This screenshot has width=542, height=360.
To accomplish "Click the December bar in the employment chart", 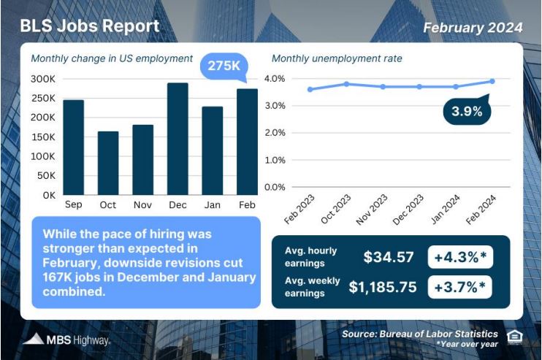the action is click(178, 139).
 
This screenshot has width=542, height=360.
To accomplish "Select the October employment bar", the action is click(108, 163).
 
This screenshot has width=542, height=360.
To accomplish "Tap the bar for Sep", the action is click(73, 148).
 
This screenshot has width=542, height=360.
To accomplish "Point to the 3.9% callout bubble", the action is click(467, 110).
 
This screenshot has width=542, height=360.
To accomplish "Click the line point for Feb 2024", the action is click(492, 81).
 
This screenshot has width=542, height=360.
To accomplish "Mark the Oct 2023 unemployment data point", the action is click(346, 84).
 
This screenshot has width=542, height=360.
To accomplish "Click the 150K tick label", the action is click(43, 137).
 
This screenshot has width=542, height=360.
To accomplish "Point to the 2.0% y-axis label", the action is click(275, 133).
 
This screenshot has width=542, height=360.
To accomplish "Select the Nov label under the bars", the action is click(142, 205).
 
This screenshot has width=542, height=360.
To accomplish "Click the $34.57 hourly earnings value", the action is click(389, 257).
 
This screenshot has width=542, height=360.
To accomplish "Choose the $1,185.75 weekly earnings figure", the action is click(383, 287).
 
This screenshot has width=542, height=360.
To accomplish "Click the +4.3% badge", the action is click(460, 257).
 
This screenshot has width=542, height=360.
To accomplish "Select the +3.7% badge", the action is click(459, 287).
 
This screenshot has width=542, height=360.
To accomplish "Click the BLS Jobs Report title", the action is click(90, 26).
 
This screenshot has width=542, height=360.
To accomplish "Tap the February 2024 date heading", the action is click(473, 28).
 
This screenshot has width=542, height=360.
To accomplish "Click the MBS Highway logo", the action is click(66, 340).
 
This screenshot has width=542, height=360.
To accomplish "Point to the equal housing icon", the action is click(514, 337).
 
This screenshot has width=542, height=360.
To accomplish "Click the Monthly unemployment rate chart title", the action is click(337, 58).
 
